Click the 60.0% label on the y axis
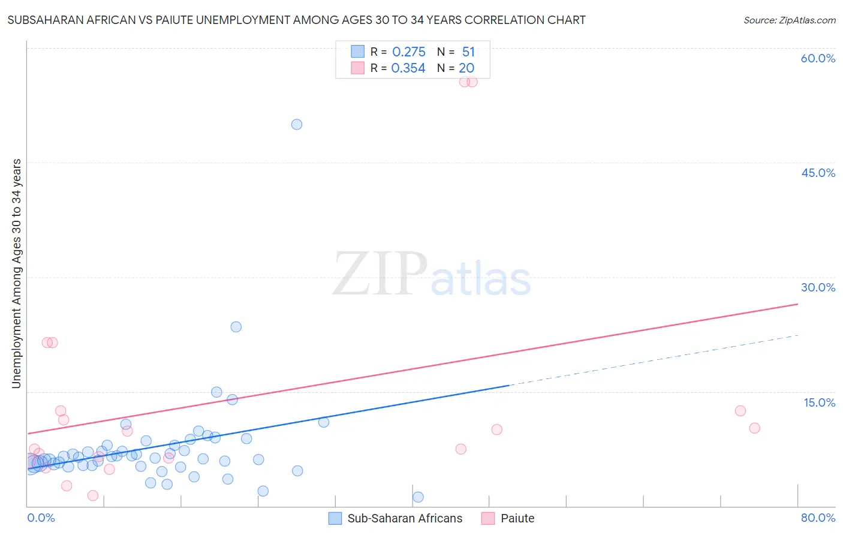click(818, 58)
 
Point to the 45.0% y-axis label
click(818, 173)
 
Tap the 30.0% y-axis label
click(818, 287)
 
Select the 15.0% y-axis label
click(819, 402)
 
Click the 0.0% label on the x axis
click(41, 518)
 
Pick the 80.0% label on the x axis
click(818, 518)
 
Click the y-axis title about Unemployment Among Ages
click(16, 273)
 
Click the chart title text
click(296, 20)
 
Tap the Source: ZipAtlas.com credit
click(789, 20)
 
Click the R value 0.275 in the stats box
click(408, 52)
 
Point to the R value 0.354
click(408, 68)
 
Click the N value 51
click(468, 52)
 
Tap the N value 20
click(466, 68)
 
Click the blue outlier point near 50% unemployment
click(297, 125)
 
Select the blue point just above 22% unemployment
click(236, 327)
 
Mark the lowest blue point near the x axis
click(418, 497)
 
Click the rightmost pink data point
click(754, 428)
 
